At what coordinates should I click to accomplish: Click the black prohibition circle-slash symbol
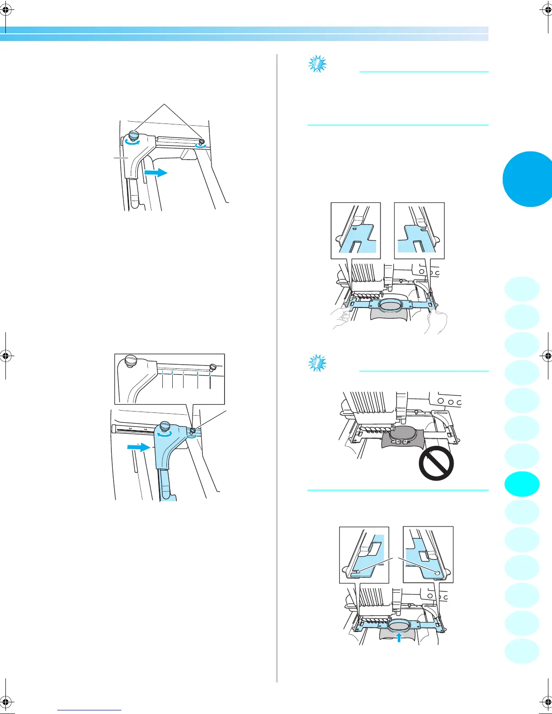(x=436, y=463)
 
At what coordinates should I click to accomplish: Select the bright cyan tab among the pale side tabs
(x=522, y=484)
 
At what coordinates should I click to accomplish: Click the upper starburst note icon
(x=317, y=64)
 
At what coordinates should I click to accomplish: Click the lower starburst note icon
(x=317, y=363)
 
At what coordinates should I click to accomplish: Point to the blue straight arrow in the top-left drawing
(x=156, y=172)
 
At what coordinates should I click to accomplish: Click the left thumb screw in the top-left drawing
(x=134, y=135)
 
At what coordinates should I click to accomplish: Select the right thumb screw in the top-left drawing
(x=202, y=142)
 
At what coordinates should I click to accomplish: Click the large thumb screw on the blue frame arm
(x=165, y=426)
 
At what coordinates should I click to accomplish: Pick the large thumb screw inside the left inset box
(x=131, y=361)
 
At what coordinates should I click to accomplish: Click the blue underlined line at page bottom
(x=89, y=710)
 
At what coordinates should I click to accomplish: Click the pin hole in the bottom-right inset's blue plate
(x=437, y=572)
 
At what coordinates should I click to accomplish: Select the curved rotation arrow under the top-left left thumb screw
(x=133, y=142)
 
